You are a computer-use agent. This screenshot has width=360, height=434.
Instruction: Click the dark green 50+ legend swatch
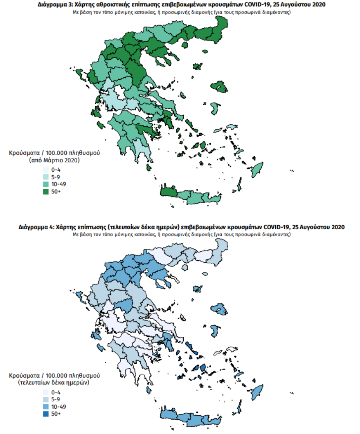tap(45, 191)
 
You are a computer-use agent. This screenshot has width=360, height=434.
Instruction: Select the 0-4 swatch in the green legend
tap(45, 169)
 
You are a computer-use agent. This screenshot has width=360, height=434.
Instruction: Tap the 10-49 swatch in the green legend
tap(45, 184)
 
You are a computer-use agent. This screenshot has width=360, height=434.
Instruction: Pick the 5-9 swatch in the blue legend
tap(45, 399)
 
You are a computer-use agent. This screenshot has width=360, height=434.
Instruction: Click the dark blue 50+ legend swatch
tap(45, 414)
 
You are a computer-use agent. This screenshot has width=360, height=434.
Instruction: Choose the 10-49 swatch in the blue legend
tap(45, 407)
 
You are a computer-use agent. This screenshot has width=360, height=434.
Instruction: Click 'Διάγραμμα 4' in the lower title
tap(35, 227)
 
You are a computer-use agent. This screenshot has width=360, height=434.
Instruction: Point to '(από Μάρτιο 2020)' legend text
tap(54, 161)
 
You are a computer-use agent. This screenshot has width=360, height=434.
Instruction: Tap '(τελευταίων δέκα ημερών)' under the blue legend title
tap(54, 383)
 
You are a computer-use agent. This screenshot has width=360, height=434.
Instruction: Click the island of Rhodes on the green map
tap(257, 168)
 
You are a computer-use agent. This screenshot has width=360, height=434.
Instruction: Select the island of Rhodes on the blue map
tap(257, 392)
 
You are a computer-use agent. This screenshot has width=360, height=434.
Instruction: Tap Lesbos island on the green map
tap(220, 87)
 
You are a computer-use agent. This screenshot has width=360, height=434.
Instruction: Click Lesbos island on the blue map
tap(220, 310)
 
